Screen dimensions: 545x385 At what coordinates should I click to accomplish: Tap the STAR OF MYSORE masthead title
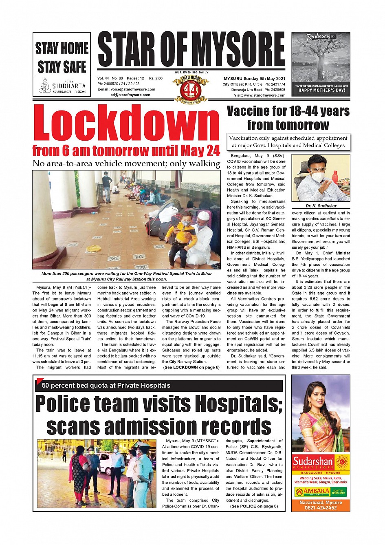(x=191, y=50)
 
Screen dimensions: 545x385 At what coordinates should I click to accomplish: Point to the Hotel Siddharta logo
(x=62, y=86)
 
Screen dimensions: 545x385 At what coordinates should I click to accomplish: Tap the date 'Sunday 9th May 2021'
(x=264, y=78)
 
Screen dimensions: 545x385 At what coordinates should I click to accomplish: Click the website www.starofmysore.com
(x=265, y=95)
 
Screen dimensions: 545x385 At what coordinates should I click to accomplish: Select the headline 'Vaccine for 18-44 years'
(x=288, y=111)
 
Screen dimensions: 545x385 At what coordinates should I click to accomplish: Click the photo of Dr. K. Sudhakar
(x=321, y=178)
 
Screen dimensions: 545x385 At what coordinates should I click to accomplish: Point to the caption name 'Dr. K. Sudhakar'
(x=321, y=206)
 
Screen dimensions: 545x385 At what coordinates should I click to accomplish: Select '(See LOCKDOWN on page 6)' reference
(x=191, y=367)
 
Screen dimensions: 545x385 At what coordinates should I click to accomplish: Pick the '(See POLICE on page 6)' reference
(x=254, y=506)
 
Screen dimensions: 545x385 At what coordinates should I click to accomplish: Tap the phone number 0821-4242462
(x=321, y=508)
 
